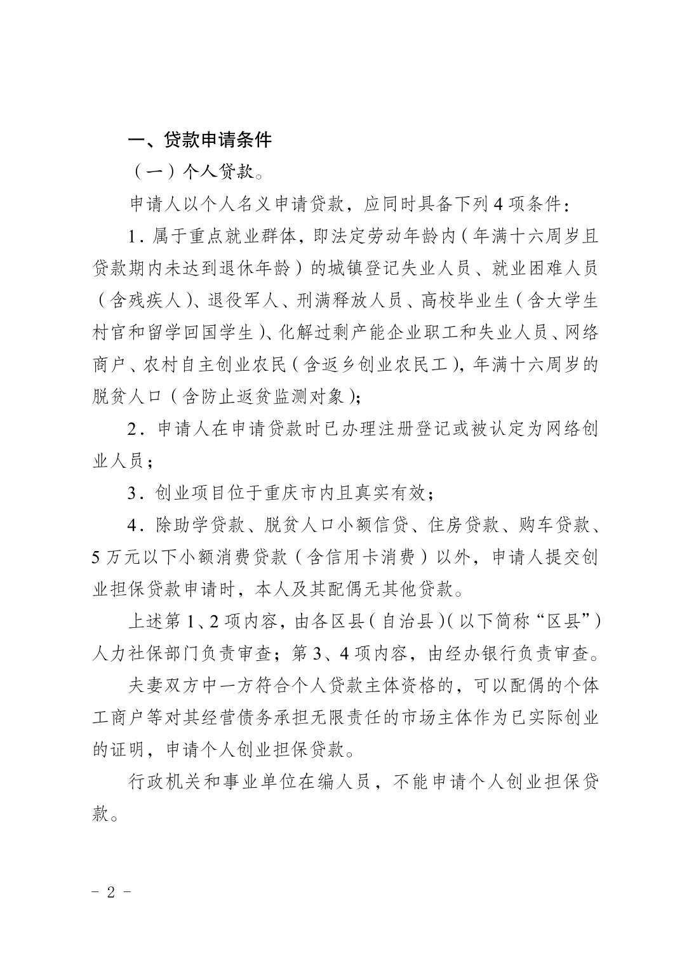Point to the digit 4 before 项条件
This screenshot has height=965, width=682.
[x=498, y=205]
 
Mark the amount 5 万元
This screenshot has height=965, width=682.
[x=116, y=557]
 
